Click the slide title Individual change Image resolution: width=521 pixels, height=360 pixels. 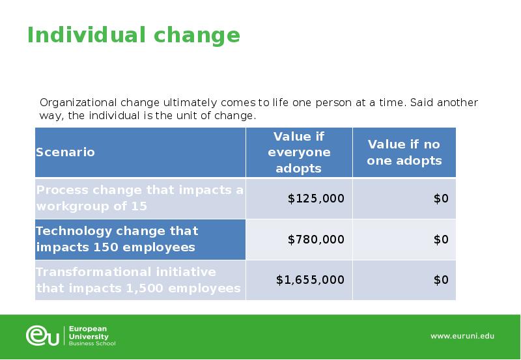click(134, 35)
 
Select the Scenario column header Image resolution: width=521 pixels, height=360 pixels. click(65, 152)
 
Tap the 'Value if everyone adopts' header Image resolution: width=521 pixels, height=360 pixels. click(299, 152)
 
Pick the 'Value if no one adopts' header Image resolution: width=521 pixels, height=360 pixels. click(404, 152)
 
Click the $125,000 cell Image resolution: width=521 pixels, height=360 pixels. click(316, 199)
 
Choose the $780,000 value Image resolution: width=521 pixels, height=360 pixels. click(316, 240)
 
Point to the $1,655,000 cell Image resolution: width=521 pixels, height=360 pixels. click(310, 280)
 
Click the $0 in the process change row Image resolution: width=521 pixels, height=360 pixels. click(441, 199)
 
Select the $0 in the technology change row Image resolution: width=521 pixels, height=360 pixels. click(441, 240)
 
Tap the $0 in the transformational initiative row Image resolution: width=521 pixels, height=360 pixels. click(441, 280)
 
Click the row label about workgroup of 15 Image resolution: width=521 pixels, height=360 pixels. click(139, 199)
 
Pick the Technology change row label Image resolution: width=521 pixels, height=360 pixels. click(117, 240)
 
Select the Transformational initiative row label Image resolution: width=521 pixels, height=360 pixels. click(138, 280)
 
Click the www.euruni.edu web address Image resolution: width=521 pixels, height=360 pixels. click(462, 336)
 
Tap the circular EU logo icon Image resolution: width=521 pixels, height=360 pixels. click(43, 335)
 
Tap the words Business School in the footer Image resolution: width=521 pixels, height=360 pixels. click(92, 343)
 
